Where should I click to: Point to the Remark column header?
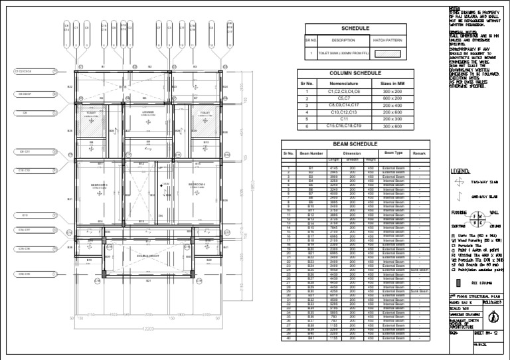[x=418, y=153]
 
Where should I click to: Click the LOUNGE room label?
[x=147, y=112]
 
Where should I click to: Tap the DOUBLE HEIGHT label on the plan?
[x=147, y=255]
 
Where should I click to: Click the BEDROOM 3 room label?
[x=100, y=185]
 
